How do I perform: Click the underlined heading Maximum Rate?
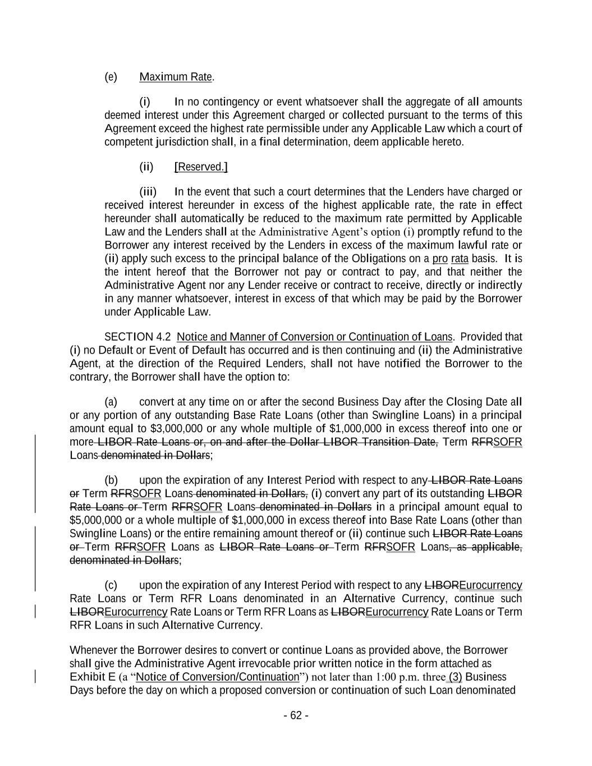(x=176, y=77)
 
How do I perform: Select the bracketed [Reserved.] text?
(x=201, y=167)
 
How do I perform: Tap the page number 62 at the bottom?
(x=296, y=715)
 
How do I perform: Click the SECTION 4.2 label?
(x=137, y=337)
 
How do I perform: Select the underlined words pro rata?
(x=450, y=259)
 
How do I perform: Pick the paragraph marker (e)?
(x=111, y=77)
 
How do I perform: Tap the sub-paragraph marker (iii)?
(x=148, y=192)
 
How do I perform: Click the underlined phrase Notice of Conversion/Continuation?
(x=218, y=677)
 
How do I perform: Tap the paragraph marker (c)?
(x=111, y=585)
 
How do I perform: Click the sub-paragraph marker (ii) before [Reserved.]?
(x=146, y=167)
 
